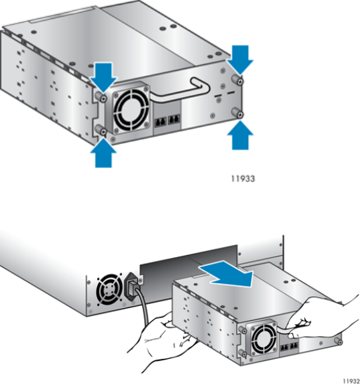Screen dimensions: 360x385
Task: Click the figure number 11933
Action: point(243,179)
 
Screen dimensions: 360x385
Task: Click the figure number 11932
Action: point(351,381)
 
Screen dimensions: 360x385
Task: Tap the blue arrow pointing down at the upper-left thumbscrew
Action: point(103,77)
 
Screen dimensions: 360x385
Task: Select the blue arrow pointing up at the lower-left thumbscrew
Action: point(103,153)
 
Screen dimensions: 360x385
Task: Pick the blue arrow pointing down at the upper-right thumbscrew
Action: point(240,60)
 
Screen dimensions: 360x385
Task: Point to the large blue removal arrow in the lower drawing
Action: point(227,274)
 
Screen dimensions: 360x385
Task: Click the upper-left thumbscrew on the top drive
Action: point(101,96)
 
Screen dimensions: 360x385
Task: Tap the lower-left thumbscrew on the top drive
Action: point(101,130)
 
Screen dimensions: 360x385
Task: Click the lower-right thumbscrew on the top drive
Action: point(238,112)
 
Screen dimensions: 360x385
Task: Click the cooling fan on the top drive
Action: point(131,109)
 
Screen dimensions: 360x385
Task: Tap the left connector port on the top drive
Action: point(161,122)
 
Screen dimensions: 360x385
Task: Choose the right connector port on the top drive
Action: point(174,120)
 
